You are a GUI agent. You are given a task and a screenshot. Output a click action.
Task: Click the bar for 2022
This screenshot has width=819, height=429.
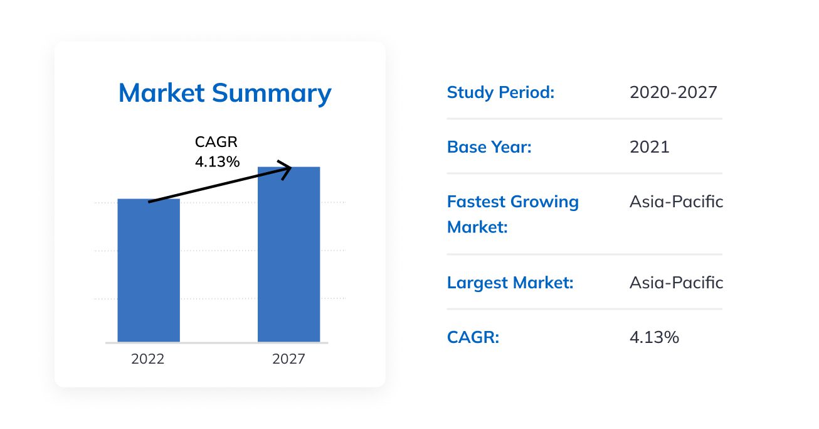tap(149, 270)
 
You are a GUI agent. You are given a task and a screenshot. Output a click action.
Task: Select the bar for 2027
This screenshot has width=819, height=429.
tap(288, 254)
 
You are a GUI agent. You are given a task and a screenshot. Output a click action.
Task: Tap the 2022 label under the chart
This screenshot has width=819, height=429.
tap(148, 359)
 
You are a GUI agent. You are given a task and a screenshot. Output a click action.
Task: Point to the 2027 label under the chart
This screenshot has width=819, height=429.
tap(288, 359)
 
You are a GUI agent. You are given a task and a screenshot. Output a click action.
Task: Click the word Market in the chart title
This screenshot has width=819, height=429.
tap(161, 93)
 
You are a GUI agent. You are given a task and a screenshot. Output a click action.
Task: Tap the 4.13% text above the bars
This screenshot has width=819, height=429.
tap(217, 162)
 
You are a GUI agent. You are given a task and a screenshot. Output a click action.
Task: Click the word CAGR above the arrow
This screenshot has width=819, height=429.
tap(216, 143)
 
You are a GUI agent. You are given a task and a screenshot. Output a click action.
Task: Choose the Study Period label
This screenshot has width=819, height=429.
tap(500, 93)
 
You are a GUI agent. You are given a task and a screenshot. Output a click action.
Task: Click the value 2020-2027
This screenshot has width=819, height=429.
tap(673, 93)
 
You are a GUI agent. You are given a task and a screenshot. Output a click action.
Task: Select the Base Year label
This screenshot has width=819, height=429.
tap(489, 148)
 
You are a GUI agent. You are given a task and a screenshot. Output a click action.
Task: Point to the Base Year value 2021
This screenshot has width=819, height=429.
tap(649, 148)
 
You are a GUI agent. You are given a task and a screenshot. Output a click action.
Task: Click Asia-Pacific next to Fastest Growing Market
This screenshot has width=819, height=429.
tap(676, 202)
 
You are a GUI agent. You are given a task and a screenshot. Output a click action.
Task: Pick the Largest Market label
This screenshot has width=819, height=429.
tap(510, 283)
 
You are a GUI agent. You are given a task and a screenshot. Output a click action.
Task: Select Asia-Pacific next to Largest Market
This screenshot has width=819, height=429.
tap(676, 283)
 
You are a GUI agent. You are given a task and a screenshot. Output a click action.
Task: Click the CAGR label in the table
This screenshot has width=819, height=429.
tap(473, 338)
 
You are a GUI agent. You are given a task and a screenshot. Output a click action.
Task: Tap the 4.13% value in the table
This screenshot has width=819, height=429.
tap(654, 338)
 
